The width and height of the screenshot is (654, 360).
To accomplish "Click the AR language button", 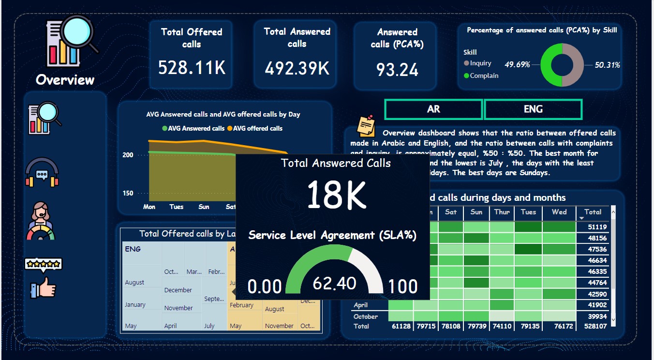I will (433, 109).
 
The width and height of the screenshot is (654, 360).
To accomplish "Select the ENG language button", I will (533, 109).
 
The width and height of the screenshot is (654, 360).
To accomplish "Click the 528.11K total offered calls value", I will (192, 67).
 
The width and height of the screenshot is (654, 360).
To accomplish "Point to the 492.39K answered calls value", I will (297, 68).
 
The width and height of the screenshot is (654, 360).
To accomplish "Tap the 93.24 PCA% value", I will (397, 70).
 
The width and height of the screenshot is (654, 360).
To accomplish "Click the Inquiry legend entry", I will (480, 63).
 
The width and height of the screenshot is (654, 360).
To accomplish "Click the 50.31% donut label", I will (607, 65).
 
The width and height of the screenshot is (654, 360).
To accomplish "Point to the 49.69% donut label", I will (517, 64).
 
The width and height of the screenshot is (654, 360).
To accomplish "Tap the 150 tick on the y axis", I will (128, 193).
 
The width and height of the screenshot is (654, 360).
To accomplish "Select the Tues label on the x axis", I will (177, 207).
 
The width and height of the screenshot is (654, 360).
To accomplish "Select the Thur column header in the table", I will (502, 212).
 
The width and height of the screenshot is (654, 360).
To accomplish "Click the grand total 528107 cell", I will (596, 326).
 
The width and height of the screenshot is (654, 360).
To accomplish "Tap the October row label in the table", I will (366, 316).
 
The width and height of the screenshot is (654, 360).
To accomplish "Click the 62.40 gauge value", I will (334, 283).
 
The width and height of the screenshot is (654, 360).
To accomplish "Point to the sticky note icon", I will (366, 126).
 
